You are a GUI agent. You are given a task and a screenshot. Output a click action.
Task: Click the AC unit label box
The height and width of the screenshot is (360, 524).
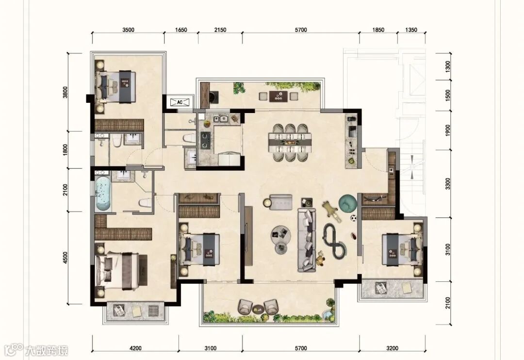click(180, 102)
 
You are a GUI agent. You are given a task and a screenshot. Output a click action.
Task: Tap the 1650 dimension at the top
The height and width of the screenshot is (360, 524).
click(181, 30)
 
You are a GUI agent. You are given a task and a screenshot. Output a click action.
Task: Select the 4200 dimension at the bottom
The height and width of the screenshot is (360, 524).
click(135, 348)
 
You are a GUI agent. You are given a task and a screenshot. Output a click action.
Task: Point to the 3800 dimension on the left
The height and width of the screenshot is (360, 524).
click(65, 92)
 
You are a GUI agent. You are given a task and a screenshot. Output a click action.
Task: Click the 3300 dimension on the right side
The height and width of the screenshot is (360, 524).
click(448, 183)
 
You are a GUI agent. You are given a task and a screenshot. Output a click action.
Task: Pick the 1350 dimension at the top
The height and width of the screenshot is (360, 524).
click(411, 30)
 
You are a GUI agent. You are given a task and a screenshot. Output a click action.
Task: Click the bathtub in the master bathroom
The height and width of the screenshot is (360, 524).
click(103, 194)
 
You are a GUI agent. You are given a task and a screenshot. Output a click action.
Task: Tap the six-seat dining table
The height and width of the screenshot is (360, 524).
click(290, 143)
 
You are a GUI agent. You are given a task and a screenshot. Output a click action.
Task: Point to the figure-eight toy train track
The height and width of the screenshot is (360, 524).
click(334, 241)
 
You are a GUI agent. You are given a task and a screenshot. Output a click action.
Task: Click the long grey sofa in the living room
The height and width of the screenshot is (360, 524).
click(307, 240)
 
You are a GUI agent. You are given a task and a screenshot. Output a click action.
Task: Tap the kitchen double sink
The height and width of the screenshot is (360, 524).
click(221, 119)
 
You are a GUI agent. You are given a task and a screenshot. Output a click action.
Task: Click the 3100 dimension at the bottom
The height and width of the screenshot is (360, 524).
click(210, 348)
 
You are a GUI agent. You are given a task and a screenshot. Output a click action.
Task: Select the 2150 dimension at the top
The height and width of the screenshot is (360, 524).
click(220, 30)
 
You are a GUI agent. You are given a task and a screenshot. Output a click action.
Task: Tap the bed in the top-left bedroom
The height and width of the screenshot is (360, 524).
click(115, 86)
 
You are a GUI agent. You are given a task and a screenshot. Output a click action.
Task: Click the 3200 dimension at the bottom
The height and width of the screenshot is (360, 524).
click(392, 348)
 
